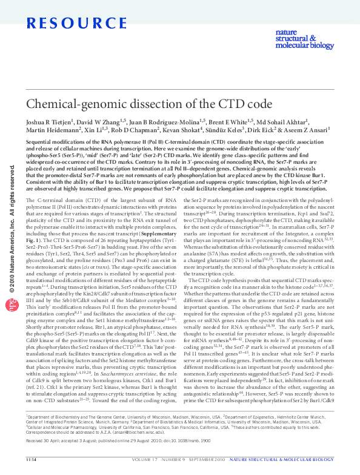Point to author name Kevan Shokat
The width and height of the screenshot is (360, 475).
[x=185, y=132]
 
